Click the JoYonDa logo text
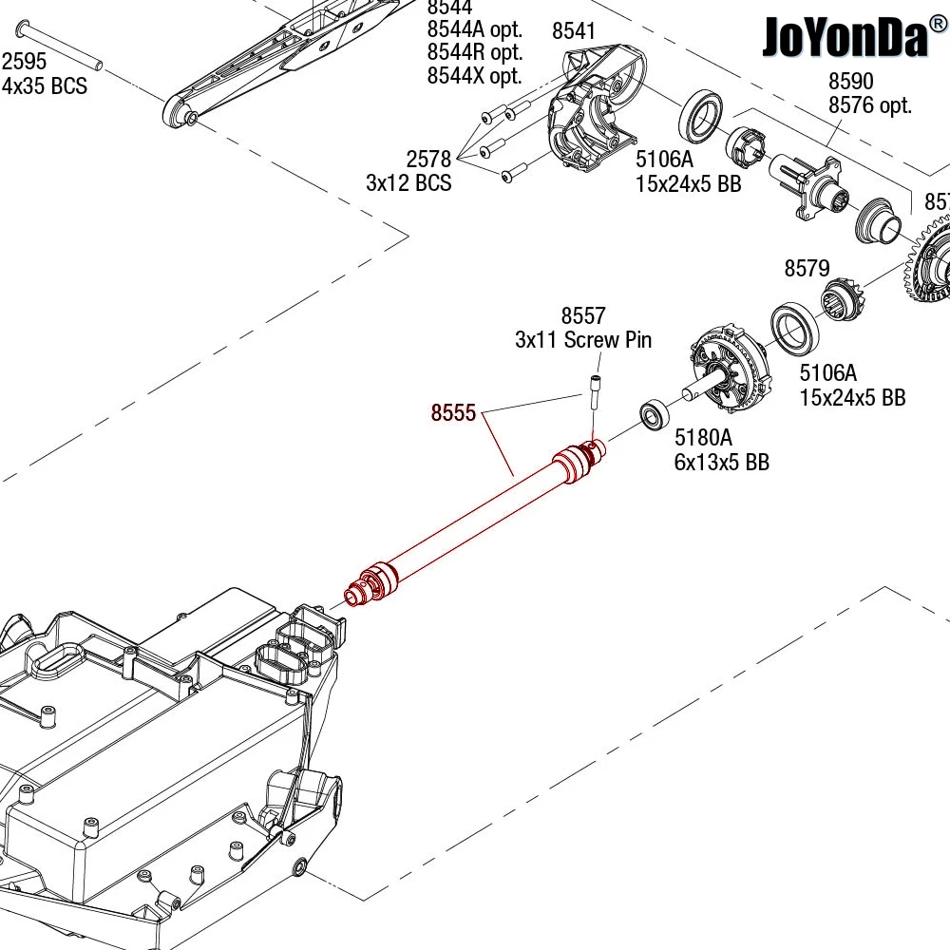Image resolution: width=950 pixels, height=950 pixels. coord(845,36)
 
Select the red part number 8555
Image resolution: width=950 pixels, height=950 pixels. coord(453,412)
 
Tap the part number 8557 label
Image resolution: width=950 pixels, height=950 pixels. coord(583,315)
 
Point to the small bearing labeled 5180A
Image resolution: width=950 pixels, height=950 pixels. coord(655,415)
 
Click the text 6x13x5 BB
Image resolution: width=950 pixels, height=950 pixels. coord(722,463)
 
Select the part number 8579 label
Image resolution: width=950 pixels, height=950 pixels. coord(807,268)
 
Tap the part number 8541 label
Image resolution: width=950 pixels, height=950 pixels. coord(573,31)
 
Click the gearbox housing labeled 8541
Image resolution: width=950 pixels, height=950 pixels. coord(597,107)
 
